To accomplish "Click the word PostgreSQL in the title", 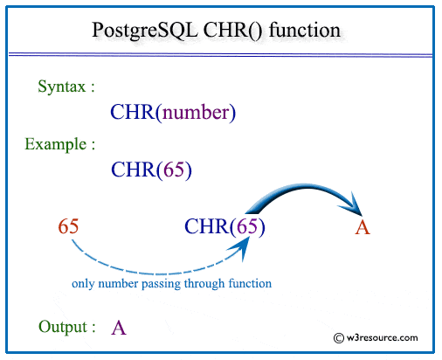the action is pyautogui.click(x=145, y=31).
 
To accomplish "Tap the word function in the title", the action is pyautogui.click(x=305, y=30).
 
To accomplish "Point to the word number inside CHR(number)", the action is pyautogui.click(x=196, y=113).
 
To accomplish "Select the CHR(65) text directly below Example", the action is pyautogui.click(x=151, y=170).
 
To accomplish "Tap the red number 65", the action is pyautogui.click(x=68, y=226).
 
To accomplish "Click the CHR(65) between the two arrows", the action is pyautogui.click(x=224, y=226).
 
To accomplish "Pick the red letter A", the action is pyautogui.click(x=363, y=228).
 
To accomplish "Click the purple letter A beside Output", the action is pyautogui.click(x=119, y=328).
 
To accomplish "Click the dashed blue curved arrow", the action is pyautogui.click(x=157, y=273).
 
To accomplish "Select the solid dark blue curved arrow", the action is pyautogui.click(x=306, y=186).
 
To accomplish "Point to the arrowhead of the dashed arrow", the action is pyautogui.click(x=242, y=247).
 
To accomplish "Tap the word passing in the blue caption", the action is pyautogui.click(x=161, y=284).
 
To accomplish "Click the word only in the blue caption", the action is pyautogui.click(x=83, y=284).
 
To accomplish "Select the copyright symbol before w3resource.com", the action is pyautogui.click(x=339, y=338).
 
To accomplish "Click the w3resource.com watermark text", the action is pyautogui.click(x=382, y=338).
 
